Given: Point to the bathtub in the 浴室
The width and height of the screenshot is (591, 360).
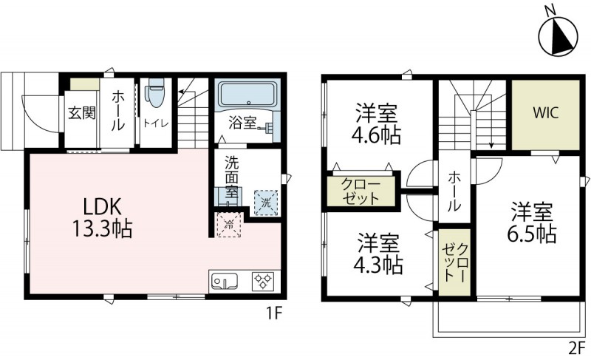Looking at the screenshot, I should coord(247,95).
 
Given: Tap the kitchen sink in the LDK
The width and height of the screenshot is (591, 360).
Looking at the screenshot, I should coord(224,282).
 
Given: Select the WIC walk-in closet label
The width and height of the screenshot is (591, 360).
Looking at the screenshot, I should coord(546,113).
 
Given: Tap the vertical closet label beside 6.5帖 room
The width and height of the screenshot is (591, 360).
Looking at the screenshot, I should coord(456,260).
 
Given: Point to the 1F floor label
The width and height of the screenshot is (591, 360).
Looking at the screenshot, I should coord(274,313).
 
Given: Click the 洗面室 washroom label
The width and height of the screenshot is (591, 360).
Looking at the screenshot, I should coord(232,178).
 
